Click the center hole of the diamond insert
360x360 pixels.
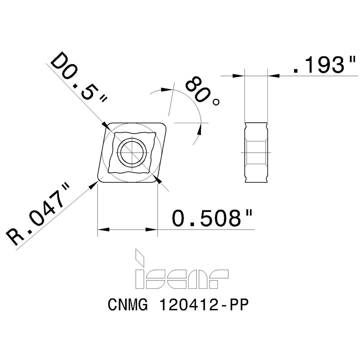click(132, 153)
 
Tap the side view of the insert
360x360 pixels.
click(256, 152)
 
